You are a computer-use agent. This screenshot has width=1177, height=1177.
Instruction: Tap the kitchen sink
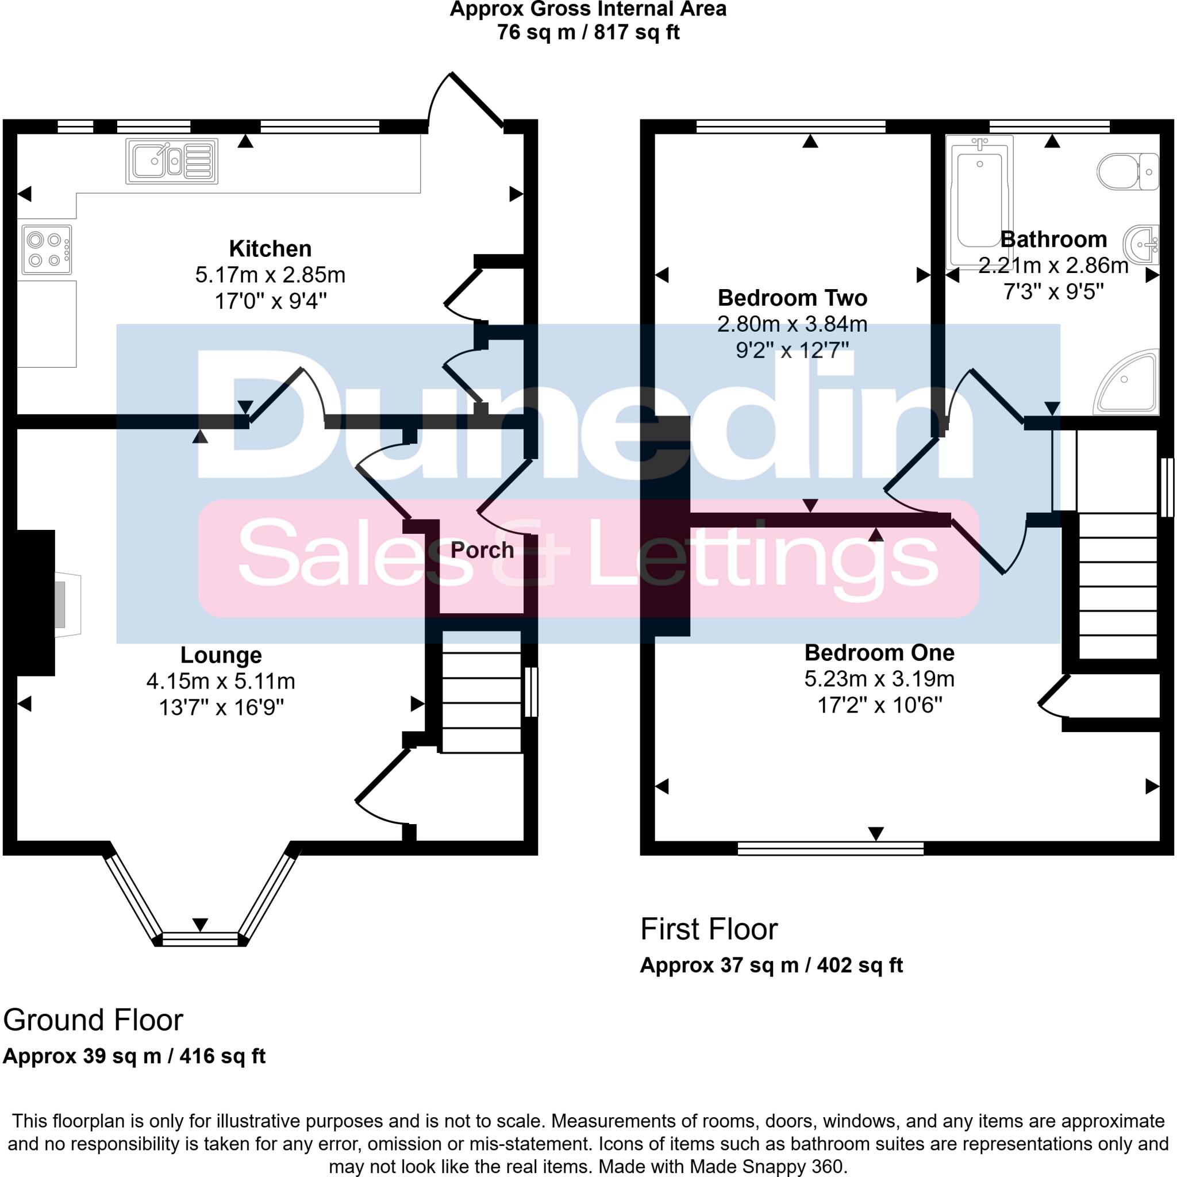pyautogui.click(x=171, y=161)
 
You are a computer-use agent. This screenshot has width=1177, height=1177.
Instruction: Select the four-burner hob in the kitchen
pyautogui.click(x=47, y=250)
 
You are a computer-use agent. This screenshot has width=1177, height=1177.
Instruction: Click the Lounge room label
pyautogui.click(x=221, y=655)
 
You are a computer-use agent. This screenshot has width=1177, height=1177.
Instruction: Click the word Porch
pyautogui.click(x=482, y=550)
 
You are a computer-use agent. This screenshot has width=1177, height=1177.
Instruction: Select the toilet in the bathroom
pyautogui.click(x=1127, y=172)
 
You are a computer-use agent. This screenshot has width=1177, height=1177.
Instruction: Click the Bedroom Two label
pyautogui.click(x=792, y=298)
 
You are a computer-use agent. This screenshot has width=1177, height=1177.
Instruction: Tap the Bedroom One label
pyautogui.click(x=879, y=652)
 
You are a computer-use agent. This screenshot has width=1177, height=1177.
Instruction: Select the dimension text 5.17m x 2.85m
pyautogui.click(x=270, y=275)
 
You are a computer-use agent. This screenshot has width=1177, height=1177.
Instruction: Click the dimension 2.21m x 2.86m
pyautogui.click(x=1053, y=266)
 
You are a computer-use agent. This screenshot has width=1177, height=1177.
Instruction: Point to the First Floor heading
pyautogui.click(x=709, y=930)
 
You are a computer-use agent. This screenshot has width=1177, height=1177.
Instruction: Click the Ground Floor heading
pyautogui.click(x=93, y=1021)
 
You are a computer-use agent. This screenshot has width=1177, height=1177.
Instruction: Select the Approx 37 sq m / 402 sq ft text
pyautogui.click(x=771, y=966)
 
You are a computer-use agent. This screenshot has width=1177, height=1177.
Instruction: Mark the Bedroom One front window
pyautogui.click(x=830, y=848)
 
